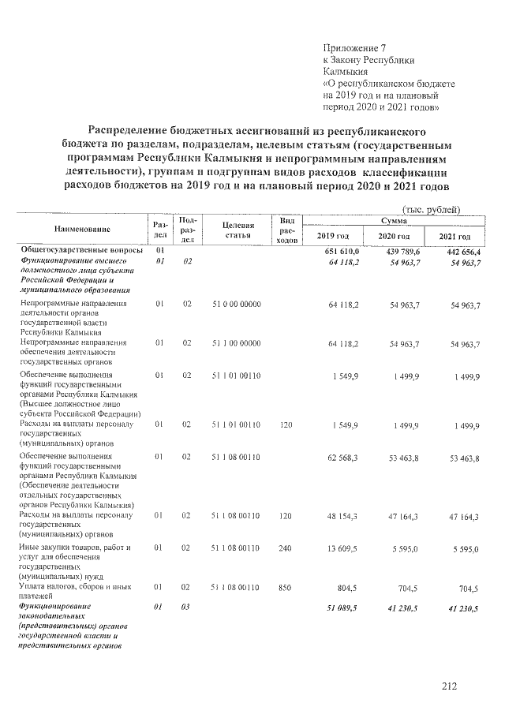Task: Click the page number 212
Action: click(450, 686)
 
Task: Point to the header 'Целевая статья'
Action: click(237, 230)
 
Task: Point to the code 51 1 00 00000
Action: click(237, 343)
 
